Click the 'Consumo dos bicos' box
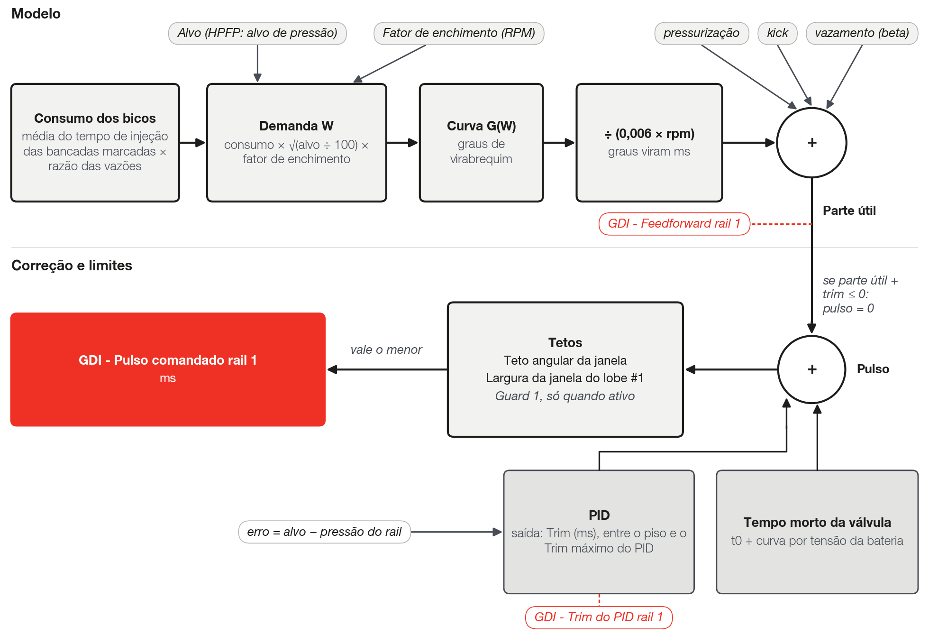95,143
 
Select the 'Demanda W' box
297,143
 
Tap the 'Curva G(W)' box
481,143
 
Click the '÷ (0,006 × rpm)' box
649,143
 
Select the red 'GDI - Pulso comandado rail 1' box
168,369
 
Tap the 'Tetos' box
565,369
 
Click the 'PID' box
599,532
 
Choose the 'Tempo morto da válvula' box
817,532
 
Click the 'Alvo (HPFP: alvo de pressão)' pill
257,33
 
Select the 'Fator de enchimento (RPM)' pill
459,33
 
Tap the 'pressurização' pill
701,33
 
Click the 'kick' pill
777,33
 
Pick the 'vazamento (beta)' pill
862,33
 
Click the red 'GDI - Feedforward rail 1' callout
674,224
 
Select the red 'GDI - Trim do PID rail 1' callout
599,617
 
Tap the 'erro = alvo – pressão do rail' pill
324,532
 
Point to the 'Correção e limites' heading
72,266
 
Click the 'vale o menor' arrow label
386,350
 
